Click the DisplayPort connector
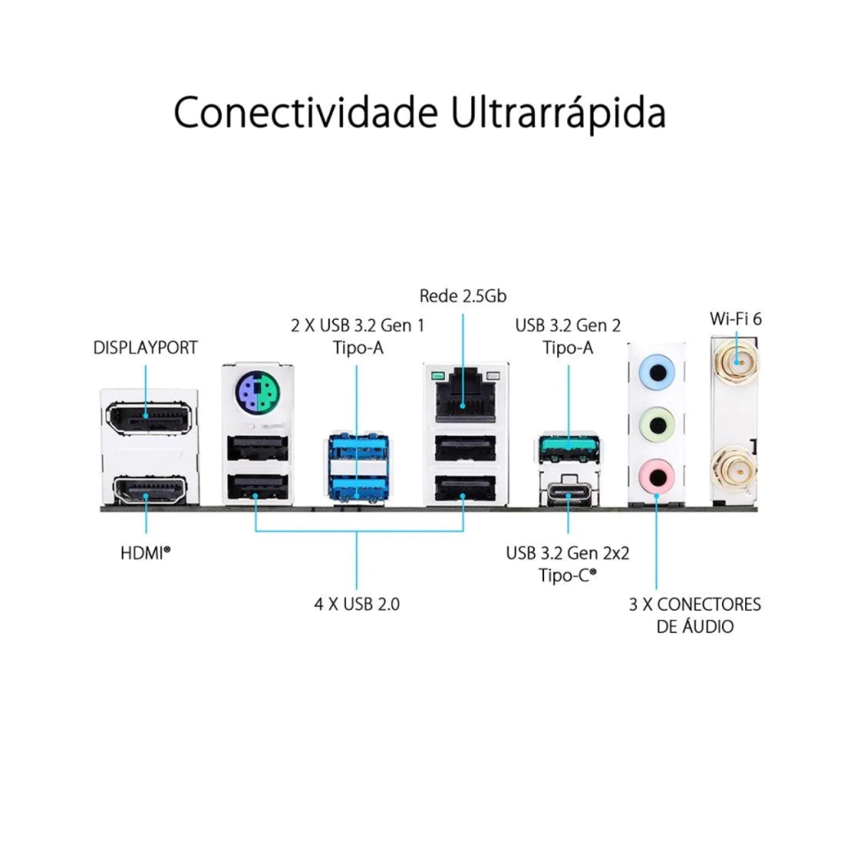[x=148, y=416]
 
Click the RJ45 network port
[x=465, y=396]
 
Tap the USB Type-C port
[x=569, y=490]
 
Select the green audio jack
[x=657, y=425]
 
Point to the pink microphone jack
[x=657, y=476]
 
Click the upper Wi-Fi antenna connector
[x=736, y=363]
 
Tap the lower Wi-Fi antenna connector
[x=736, y=470]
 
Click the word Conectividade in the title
[x=305, y=112]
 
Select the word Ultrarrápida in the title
[x=559, y=114]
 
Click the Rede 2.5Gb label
[x=463, y=296]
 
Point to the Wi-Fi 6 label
[x=736, y=319]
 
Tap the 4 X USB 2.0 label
[x=357, y=604]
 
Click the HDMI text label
[x=145, y=553]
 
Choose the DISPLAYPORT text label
[x=145, y=348]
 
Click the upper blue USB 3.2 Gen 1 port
[x=358, y=447]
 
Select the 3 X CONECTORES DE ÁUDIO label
[x=695, y=615]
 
